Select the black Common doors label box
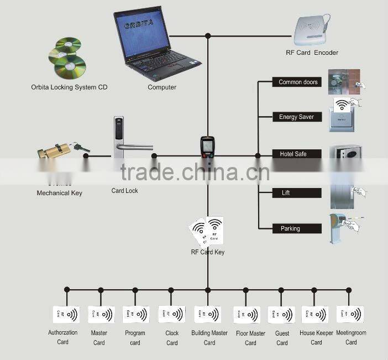click(x=297, y=82)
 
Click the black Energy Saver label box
click(x=297, y=117)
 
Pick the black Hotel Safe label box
click(x=297, y=154)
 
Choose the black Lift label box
click(x=297, y=193)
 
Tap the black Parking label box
click(x=297, y=228)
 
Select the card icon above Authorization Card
click(x=66, y=315)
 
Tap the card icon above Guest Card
click(x=282, y=315)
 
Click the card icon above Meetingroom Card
click(x=350, y=315)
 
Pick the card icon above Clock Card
click(x=172, y=315)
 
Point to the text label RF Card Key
click(x=208, y=252)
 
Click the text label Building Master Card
click(x=209, y=338)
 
